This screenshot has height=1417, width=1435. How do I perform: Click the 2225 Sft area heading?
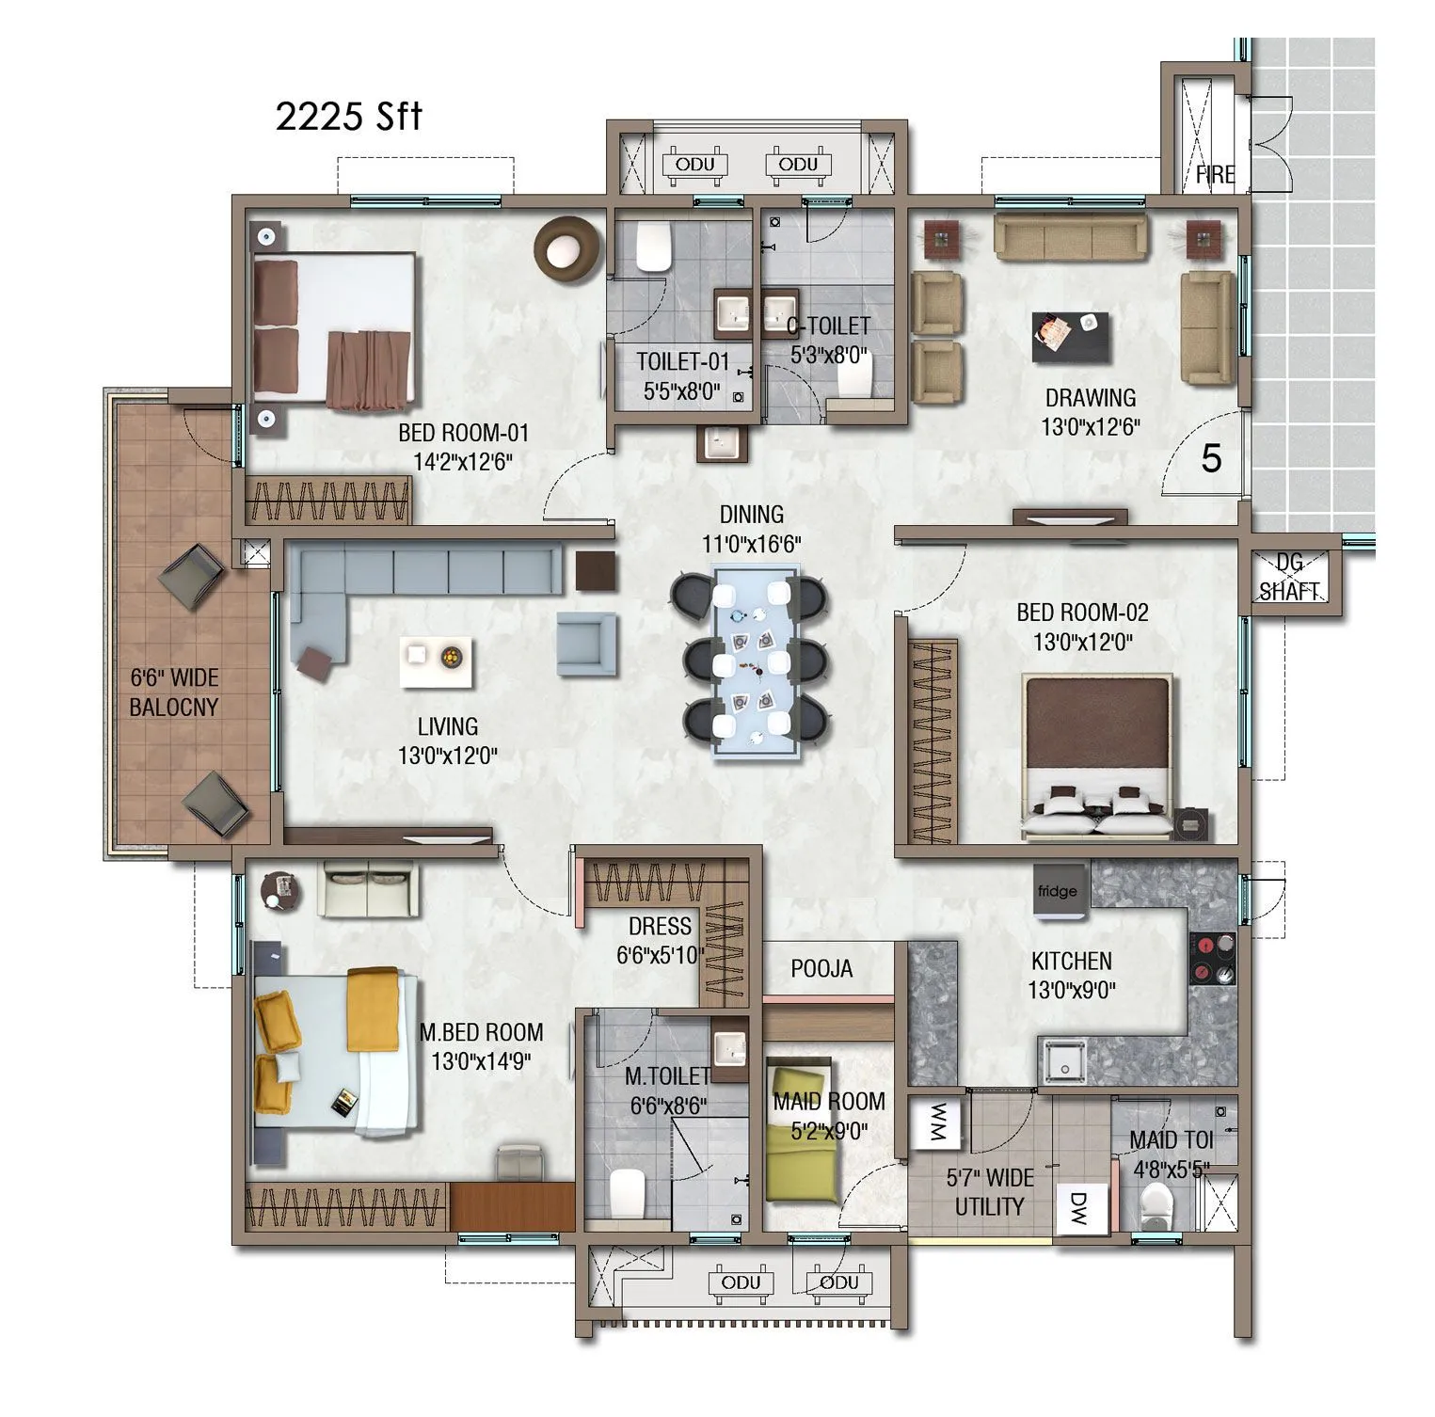348,117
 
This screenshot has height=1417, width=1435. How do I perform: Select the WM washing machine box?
937,1122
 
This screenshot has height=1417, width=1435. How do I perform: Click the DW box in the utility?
1079,1210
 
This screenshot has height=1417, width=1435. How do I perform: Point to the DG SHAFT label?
1289,577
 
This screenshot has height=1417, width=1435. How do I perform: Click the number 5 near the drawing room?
1211,459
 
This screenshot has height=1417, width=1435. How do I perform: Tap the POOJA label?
821,968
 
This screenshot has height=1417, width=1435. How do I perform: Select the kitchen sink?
1062,1061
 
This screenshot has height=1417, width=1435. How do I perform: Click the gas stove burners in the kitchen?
1212,959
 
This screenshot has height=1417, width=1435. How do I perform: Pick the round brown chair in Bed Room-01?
566,248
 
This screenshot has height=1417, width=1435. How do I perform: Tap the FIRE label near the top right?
1215,175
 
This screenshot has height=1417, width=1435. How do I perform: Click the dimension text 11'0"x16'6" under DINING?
751,544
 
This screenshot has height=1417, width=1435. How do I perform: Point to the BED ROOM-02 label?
1082,613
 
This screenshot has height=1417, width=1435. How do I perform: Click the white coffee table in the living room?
437,661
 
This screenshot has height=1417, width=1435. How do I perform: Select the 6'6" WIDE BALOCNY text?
174,693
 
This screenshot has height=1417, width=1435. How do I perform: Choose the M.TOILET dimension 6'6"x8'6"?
668,1106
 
